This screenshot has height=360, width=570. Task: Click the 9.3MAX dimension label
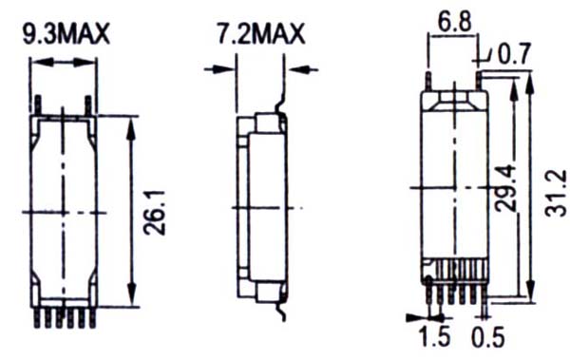click(66, 34)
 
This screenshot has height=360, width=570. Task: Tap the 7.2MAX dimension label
click(261, 34)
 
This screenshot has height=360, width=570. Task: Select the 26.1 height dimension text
click(155, 213)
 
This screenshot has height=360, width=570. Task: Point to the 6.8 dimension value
click(454, 22)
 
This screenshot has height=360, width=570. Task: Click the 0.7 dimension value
click(514, 54)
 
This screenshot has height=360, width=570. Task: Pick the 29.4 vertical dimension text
click(505, 188)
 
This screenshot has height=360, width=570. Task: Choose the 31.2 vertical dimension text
click(555, 193)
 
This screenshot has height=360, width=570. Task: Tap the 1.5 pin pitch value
click(435, 336)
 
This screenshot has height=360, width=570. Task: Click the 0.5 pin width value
click(488, 337)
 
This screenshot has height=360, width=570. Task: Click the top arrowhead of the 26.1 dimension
click(131, 128)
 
